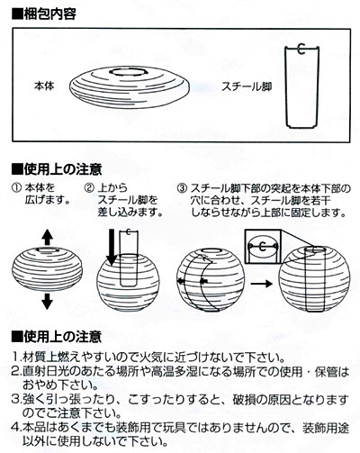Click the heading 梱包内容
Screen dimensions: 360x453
[x=49, y=14]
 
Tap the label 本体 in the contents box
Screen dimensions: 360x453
[x=44, y=86]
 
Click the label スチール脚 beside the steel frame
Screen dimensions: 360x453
[x=247, y=86]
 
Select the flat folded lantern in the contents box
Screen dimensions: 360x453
[x=130, y=87]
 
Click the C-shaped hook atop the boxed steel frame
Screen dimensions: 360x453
[x=301, y=49]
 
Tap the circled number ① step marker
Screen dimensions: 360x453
[x=16, y=188]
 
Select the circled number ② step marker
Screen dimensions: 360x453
[x=89, y=188]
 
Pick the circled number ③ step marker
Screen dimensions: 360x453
[x=182, y=188]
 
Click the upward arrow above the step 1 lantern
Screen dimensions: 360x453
[x=47, y=237]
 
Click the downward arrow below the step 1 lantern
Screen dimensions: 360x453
[x=47, y=302]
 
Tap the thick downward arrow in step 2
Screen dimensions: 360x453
[x=112, y=248]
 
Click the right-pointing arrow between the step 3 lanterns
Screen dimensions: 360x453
[x=261, y=284]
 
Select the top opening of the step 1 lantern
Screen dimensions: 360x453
[x=48, y=249]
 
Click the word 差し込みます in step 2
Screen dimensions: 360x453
[x=130, y=212]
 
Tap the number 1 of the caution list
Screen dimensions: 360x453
[x=15, y=358]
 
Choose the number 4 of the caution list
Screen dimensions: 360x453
[x=15, y=428]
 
